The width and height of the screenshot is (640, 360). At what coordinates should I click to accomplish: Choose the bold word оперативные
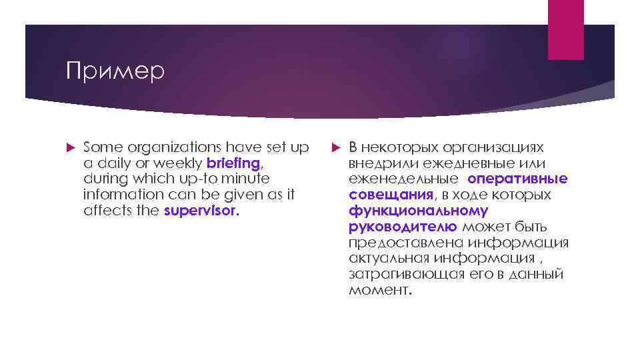tap(517, 179)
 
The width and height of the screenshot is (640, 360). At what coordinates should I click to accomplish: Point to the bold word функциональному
tap(418, 211)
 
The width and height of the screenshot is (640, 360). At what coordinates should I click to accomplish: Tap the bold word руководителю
tap(403, 227)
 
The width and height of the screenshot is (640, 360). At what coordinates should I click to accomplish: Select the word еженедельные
tap(403, 179)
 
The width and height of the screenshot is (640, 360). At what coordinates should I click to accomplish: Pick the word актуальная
tap(389, 259)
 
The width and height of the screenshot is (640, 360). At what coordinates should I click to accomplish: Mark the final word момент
tap(379, 291)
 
